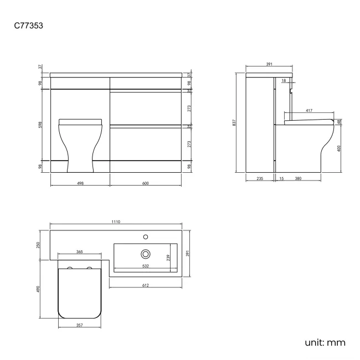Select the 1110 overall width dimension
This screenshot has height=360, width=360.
(x=116, y=222)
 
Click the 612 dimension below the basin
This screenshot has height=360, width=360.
(x=146, y=285)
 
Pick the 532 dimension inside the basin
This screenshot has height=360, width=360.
(x=145, y=266)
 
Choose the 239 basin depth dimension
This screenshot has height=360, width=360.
(x=168, y=257)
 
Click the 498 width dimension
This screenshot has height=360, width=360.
(x=80, y=183)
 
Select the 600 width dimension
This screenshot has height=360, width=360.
(x=145, y=183)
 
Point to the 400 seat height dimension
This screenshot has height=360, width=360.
(x=339, y=148)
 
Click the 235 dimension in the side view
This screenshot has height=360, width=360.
(x=259, y=178)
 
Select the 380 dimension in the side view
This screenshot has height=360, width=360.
(x=298, y=178)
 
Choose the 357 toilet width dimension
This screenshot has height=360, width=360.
(x=79, y=325)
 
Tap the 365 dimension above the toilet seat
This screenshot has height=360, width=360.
(x=79, y=252)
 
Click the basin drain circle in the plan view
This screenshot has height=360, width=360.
(x=146, y=253)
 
